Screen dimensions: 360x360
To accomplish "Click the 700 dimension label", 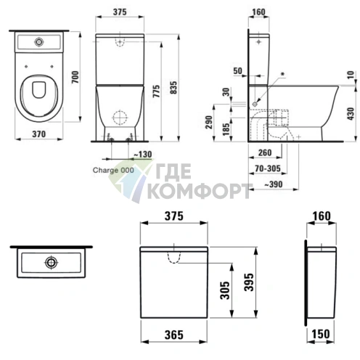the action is tap(75, 77).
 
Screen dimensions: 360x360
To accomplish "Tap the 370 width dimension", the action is tap(38, 134).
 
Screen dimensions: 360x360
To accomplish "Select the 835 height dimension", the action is tap(173, 88).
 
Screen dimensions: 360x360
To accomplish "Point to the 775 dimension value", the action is tap(157, 91).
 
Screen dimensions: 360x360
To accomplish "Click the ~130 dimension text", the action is tap(142, 154).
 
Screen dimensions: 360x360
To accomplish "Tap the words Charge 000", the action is tap(113, 170).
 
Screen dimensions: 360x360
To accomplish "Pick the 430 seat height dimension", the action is tap(351, 113).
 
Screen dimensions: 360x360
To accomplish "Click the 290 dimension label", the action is tap(209, 122).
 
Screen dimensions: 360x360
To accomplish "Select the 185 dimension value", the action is tap(226, 129).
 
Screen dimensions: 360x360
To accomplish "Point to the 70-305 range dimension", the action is tap(268, 168).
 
